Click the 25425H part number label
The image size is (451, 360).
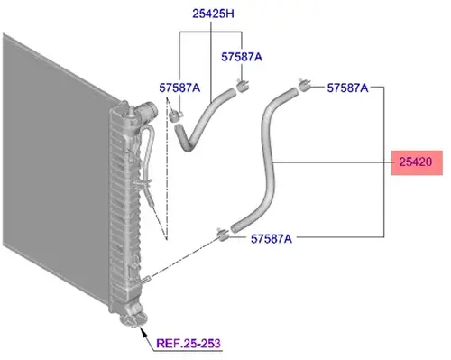coord(213,14)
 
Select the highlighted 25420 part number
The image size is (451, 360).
coord(416,162)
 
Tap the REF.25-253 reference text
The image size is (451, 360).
coord(189,343)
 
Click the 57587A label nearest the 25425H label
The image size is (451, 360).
coord(242,57)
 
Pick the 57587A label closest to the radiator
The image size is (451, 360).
coord(179,88)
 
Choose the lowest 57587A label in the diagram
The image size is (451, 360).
coord(272,239)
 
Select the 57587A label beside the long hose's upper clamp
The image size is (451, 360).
coord(347,88)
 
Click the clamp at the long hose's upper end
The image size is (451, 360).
coord(304,84)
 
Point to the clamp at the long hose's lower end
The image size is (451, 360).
coord(222,235)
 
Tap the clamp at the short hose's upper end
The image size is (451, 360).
coord(243,86)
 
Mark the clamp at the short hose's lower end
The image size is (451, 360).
coord(176,116)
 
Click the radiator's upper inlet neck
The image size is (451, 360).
coord(147,111)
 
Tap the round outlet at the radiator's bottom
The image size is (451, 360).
coord(133,318)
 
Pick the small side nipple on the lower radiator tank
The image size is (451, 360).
coord(146,279)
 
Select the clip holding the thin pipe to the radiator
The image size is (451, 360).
coord(142,183)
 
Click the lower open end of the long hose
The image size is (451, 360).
coord(235,228)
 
